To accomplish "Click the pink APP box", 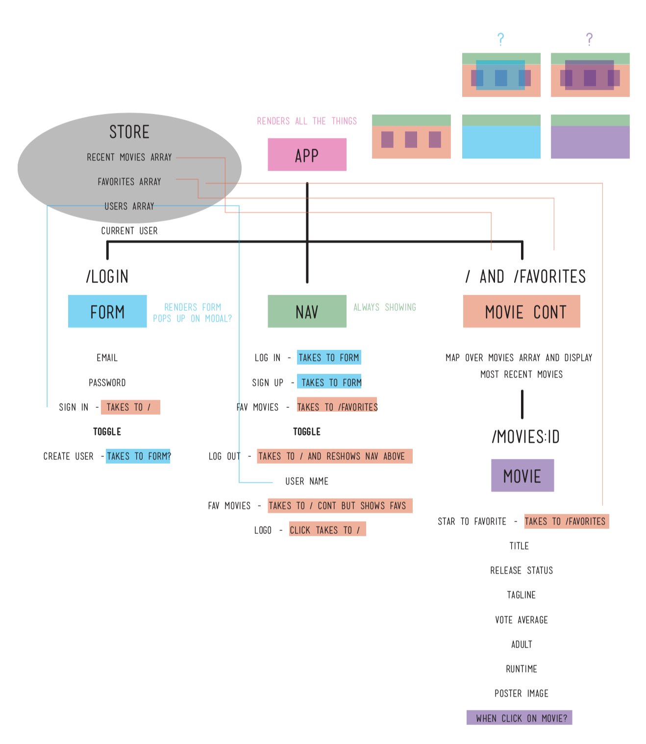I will (307, 154).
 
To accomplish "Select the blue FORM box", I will (107, 311).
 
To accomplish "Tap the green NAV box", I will (307, 311).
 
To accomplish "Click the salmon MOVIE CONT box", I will (522, 311).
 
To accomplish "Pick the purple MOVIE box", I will (522, 475).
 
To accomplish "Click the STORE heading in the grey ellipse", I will (129, 132).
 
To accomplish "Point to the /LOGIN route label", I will (107, 276).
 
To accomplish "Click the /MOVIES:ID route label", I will (525, 436).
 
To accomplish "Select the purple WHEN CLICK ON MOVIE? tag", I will (520, 718).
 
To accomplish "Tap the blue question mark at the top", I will (500, 39).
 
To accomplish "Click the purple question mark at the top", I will (589, 39).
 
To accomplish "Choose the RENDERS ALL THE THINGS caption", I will (307, 121).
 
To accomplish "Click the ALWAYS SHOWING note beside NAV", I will (385, 307).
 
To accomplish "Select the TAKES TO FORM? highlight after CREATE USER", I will (138, 456).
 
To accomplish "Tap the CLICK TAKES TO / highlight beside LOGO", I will (327, 530).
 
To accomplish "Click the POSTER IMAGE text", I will (522, 694).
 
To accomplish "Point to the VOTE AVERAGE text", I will (522, 620).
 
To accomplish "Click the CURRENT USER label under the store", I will (129, 231).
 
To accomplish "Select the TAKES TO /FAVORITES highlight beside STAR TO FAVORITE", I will (566, 521).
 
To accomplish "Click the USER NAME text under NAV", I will (307, 481).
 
